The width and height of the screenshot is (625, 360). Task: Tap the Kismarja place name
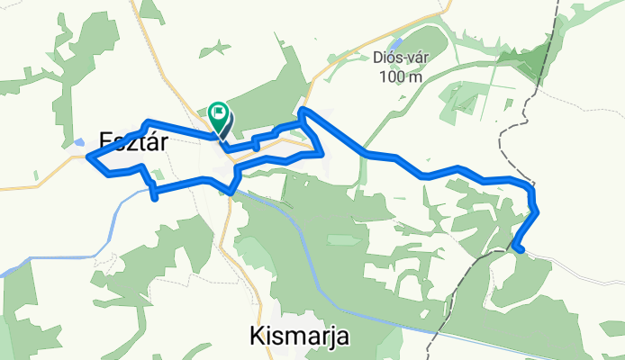coord(298,337)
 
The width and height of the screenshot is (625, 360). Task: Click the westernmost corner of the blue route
coord(88,157)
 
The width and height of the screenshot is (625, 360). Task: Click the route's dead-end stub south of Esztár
coord(156,197)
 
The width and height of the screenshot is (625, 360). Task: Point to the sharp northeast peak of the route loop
coord(302,110)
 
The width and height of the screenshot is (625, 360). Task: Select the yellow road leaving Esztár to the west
coord(36,187)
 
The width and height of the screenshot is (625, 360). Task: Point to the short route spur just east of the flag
coord(256,140)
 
